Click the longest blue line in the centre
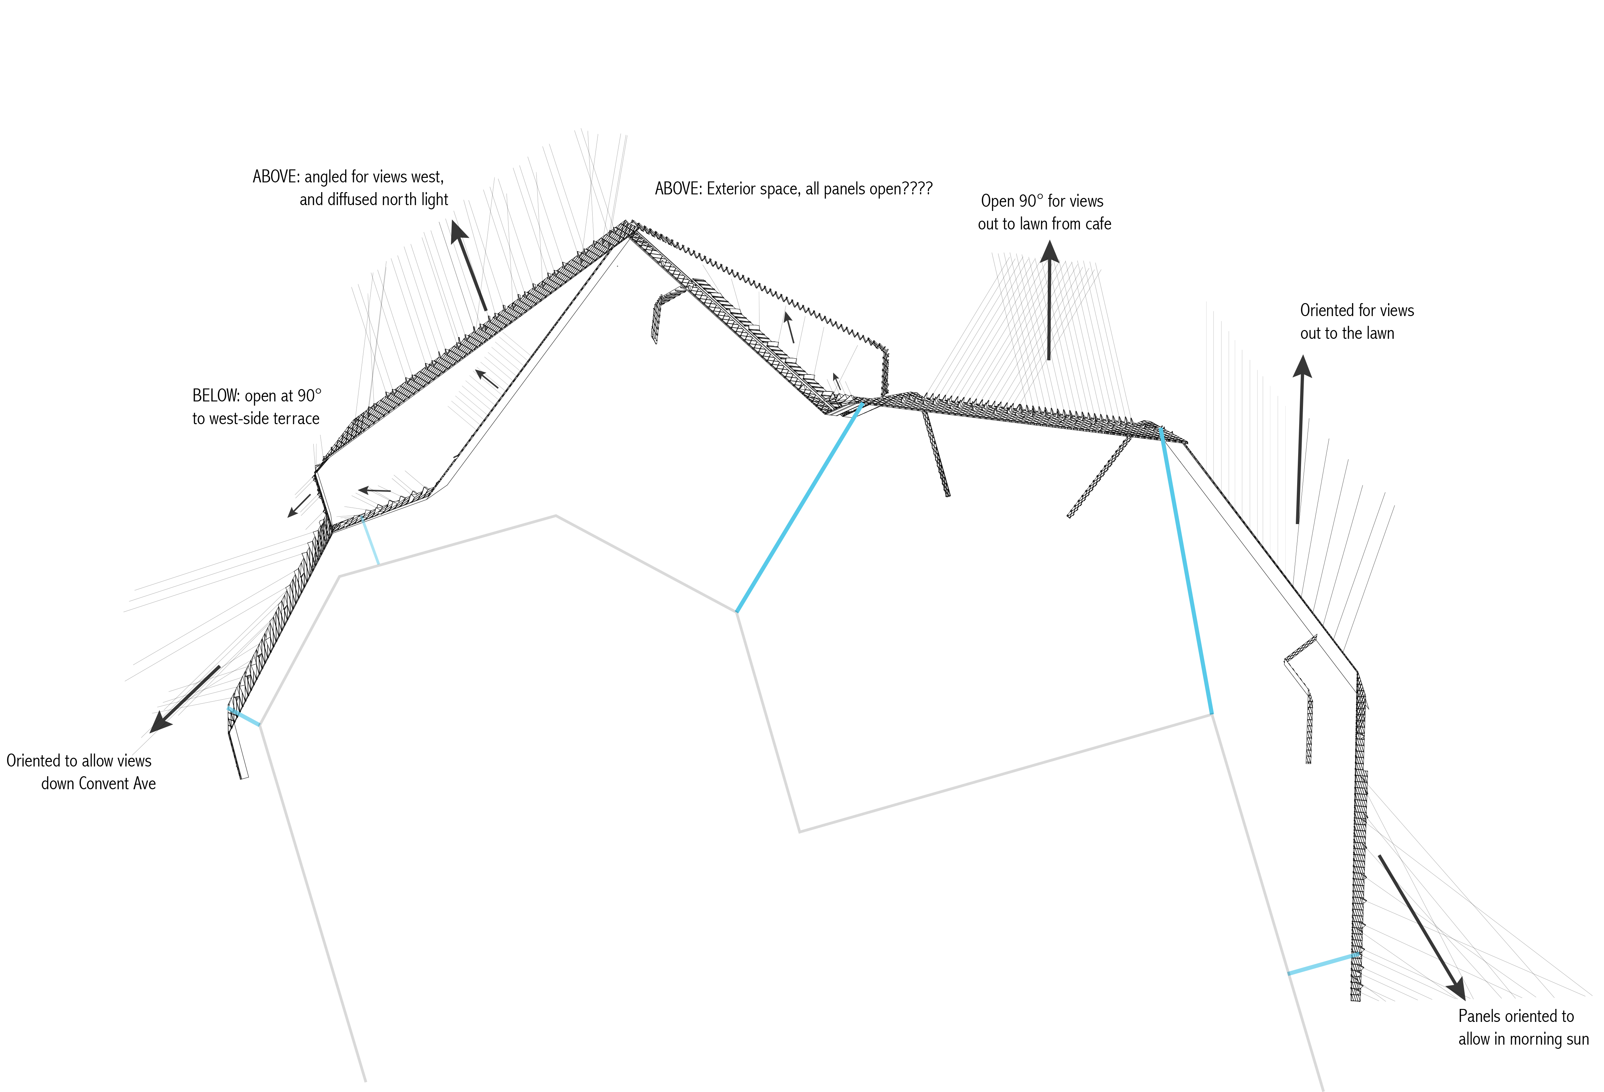coord(798,507)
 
